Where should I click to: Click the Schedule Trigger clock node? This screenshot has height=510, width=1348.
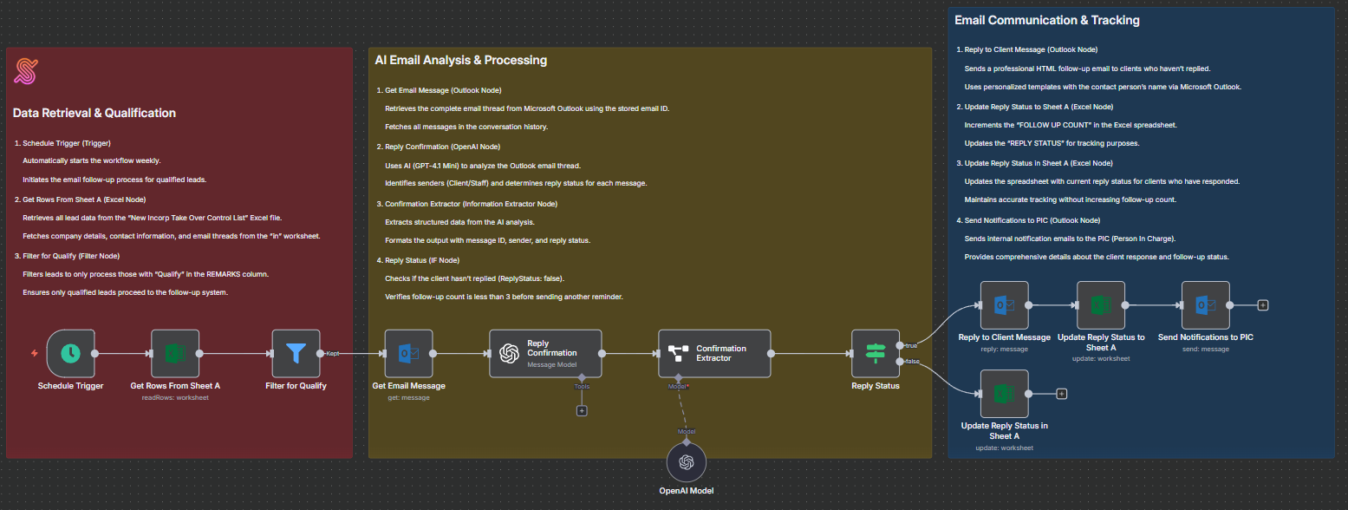tap(70, 353)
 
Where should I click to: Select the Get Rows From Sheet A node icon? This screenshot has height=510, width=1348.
tap(175, 353)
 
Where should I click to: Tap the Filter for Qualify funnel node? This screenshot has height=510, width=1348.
tap(296, 353)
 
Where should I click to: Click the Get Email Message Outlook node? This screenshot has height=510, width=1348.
tap(408, 353)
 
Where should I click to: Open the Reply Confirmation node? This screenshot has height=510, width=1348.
tap(545, 353)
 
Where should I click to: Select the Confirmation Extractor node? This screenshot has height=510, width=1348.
tap(714, 353)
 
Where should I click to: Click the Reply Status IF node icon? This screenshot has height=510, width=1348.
tap(876, 353)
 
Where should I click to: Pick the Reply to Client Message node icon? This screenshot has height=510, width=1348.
tap(1004, 305)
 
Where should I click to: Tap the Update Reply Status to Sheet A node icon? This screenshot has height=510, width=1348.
tap(1101, 305)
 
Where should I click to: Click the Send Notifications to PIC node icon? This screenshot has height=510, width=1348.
tap(1205, 305)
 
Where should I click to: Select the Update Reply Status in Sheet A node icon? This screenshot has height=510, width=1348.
tap(1004, 393)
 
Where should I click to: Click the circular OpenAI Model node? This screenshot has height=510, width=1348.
tap(687, 462)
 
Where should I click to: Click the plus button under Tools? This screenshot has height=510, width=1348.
tap(582, 410)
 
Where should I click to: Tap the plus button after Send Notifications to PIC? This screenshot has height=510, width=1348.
tap(1262, 305)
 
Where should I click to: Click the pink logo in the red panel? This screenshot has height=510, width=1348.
tap(26, 71)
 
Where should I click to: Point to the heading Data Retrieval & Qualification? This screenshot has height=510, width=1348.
tap(94, 113)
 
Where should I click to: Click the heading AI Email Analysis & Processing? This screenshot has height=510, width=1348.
tap(460, 60)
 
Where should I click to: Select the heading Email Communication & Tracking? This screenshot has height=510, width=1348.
tap(1046, 20)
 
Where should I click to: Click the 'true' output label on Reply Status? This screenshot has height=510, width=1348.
tap(911, 345)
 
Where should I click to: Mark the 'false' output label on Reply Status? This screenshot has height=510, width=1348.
tap(912, 361)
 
